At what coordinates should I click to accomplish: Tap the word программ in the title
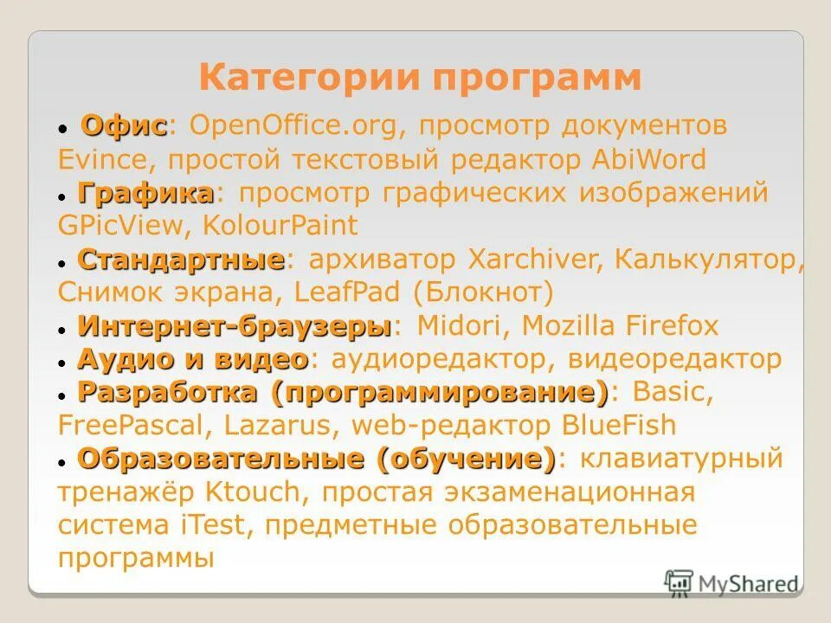538,79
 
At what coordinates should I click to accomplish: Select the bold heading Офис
124,125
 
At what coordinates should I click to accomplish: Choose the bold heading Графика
145,192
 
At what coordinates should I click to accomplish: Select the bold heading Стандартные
181,259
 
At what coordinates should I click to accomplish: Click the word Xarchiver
531,259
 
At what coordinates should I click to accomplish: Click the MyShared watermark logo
731,582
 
